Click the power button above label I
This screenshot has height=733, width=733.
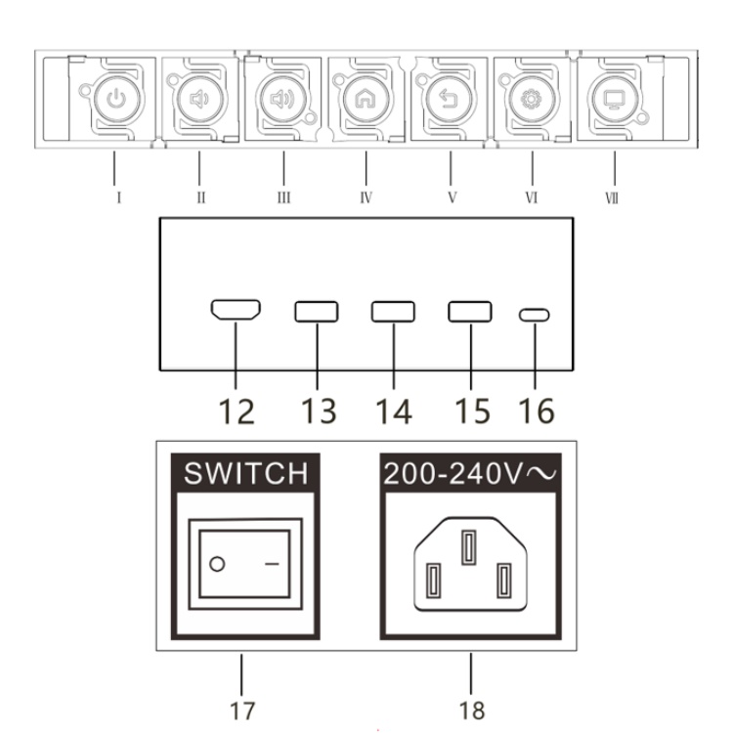116,100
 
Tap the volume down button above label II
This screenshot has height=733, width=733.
199,100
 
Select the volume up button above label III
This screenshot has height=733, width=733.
282,100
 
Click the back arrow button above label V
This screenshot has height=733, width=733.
449,100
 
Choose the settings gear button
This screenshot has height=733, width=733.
532,100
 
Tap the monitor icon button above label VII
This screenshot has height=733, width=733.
615,100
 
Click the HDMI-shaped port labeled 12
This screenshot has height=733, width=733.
236,310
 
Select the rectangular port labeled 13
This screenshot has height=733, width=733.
317,312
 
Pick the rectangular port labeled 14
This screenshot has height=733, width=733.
393,312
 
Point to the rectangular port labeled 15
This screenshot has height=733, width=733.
470,312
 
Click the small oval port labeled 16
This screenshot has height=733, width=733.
535,315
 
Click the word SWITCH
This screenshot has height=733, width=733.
246,473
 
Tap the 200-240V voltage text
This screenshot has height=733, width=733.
470,474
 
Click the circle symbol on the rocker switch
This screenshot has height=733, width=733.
217,564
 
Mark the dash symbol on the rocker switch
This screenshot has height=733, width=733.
272,564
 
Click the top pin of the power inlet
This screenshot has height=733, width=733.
469,547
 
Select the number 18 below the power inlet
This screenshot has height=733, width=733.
472,711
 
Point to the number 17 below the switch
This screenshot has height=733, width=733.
242,711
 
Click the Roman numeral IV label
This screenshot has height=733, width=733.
366,197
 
